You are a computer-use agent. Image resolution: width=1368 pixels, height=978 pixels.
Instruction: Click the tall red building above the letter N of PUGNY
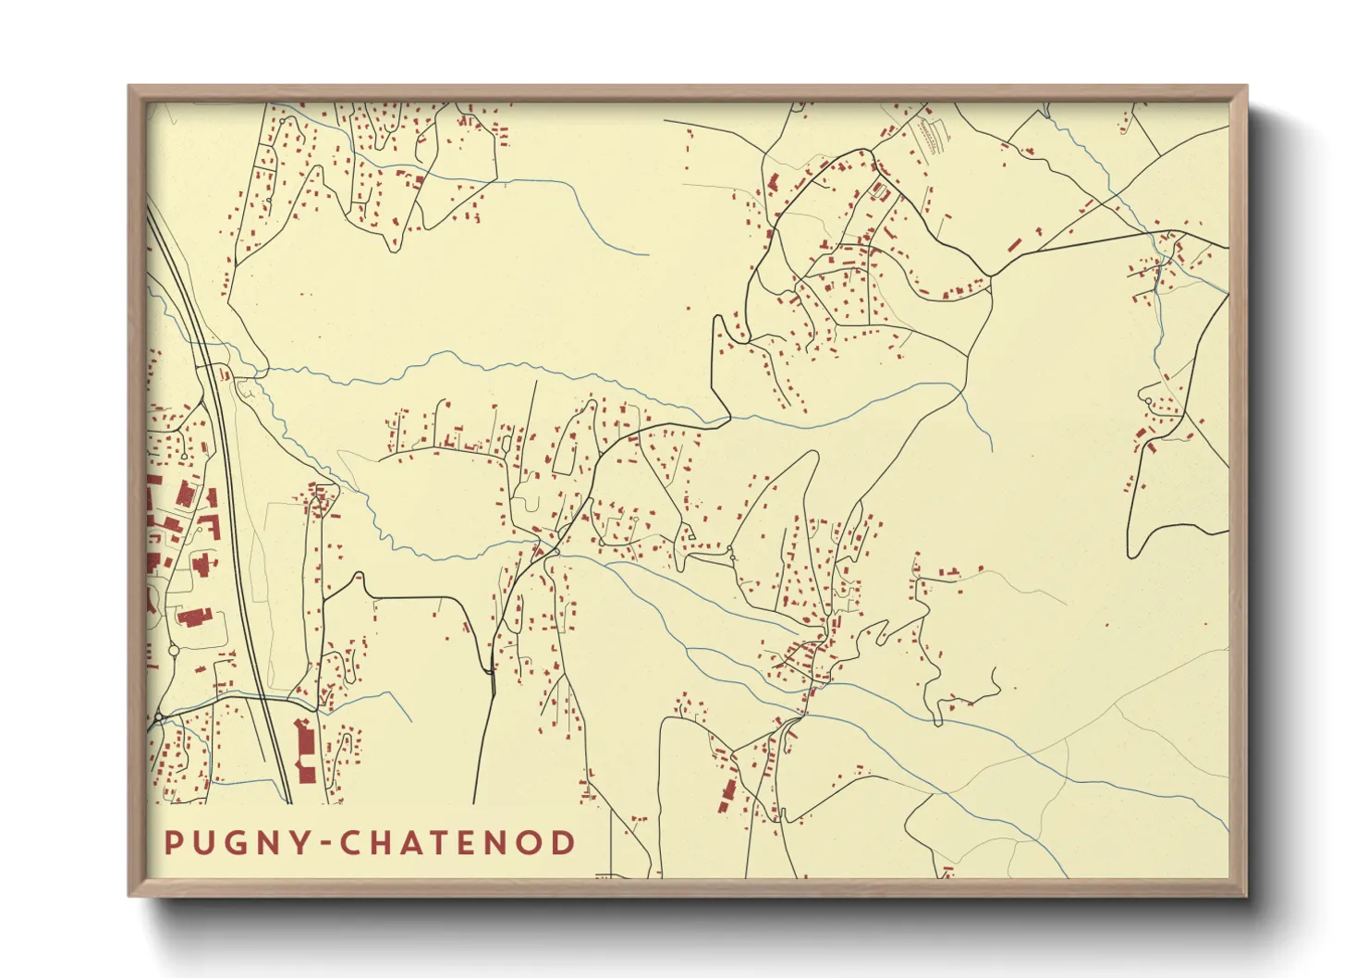tap(304, 750)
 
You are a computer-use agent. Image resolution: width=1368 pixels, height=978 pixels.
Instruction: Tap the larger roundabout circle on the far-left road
tap(159, 716)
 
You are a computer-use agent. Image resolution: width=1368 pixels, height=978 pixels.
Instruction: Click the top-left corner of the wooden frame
tap(129, 86)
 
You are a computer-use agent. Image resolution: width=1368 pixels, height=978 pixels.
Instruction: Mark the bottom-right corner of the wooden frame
tap(1247, 896)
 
